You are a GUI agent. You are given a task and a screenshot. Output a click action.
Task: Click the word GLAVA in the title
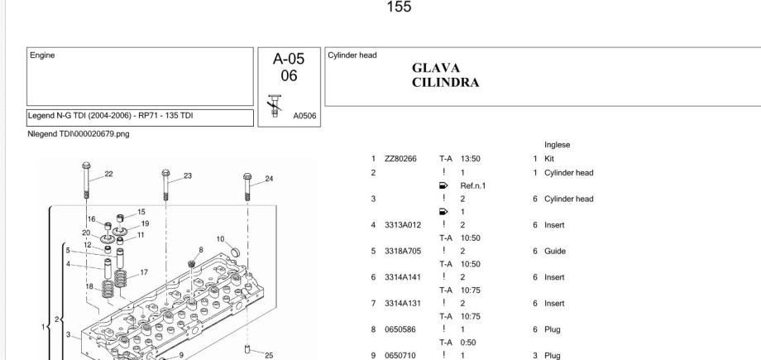pyautogui.click(x=435, y=69)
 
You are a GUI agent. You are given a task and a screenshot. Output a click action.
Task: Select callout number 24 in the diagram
pyautogui.click(x=267, y=177)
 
